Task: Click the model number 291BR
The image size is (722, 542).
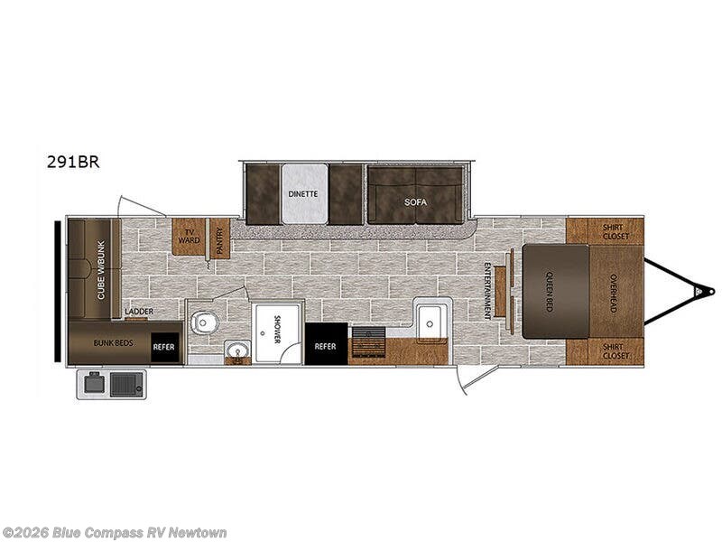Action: coord(75,164)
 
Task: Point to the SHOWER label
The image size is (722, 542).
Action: coord(276,330)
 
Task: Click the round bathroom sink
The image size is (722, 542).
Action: coord(238,350)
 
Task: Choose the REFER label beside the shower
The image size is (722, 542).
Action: coord(325,345)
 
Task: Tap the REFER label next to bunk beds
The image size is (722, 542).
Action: coord(163,344)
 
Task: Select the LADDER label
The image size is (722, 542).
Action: coord(139,312)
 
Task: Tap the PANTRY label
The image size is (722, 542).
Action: coord(218,239)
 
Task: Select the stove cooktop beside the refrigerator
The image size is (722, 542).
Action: coord(367,343)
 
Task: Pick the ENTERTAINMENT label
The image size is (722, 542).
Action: coord(487,290)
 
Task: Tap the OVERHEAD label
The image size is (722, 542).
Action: coord(613,293)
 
